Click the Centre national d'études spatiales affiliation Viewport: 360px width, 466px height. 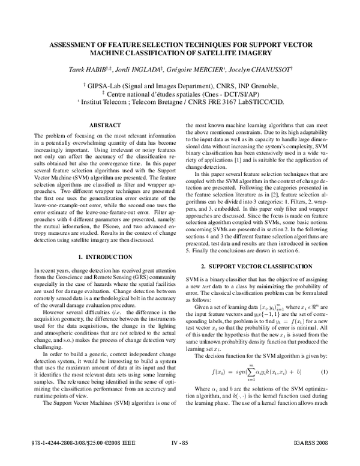click(x=181, y=94)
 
